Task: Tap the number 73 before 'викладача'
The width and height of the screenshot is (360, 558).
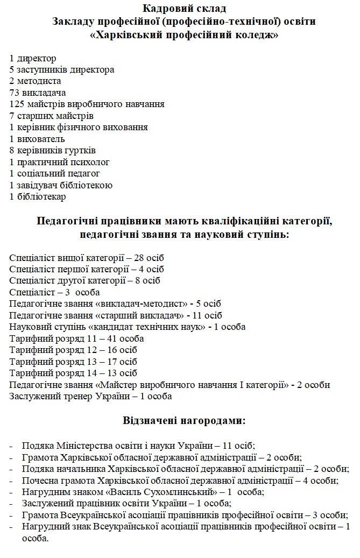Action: [x=14, y=93]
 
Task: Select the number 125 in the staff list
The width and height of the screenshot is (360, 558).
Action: [x=16, y=104]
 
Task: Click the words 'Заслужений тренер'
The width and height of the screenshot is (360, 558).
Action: [x=44, y=397]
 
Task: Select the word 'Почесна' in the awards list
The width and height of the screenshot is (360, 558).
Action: [x=38, y=480]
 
